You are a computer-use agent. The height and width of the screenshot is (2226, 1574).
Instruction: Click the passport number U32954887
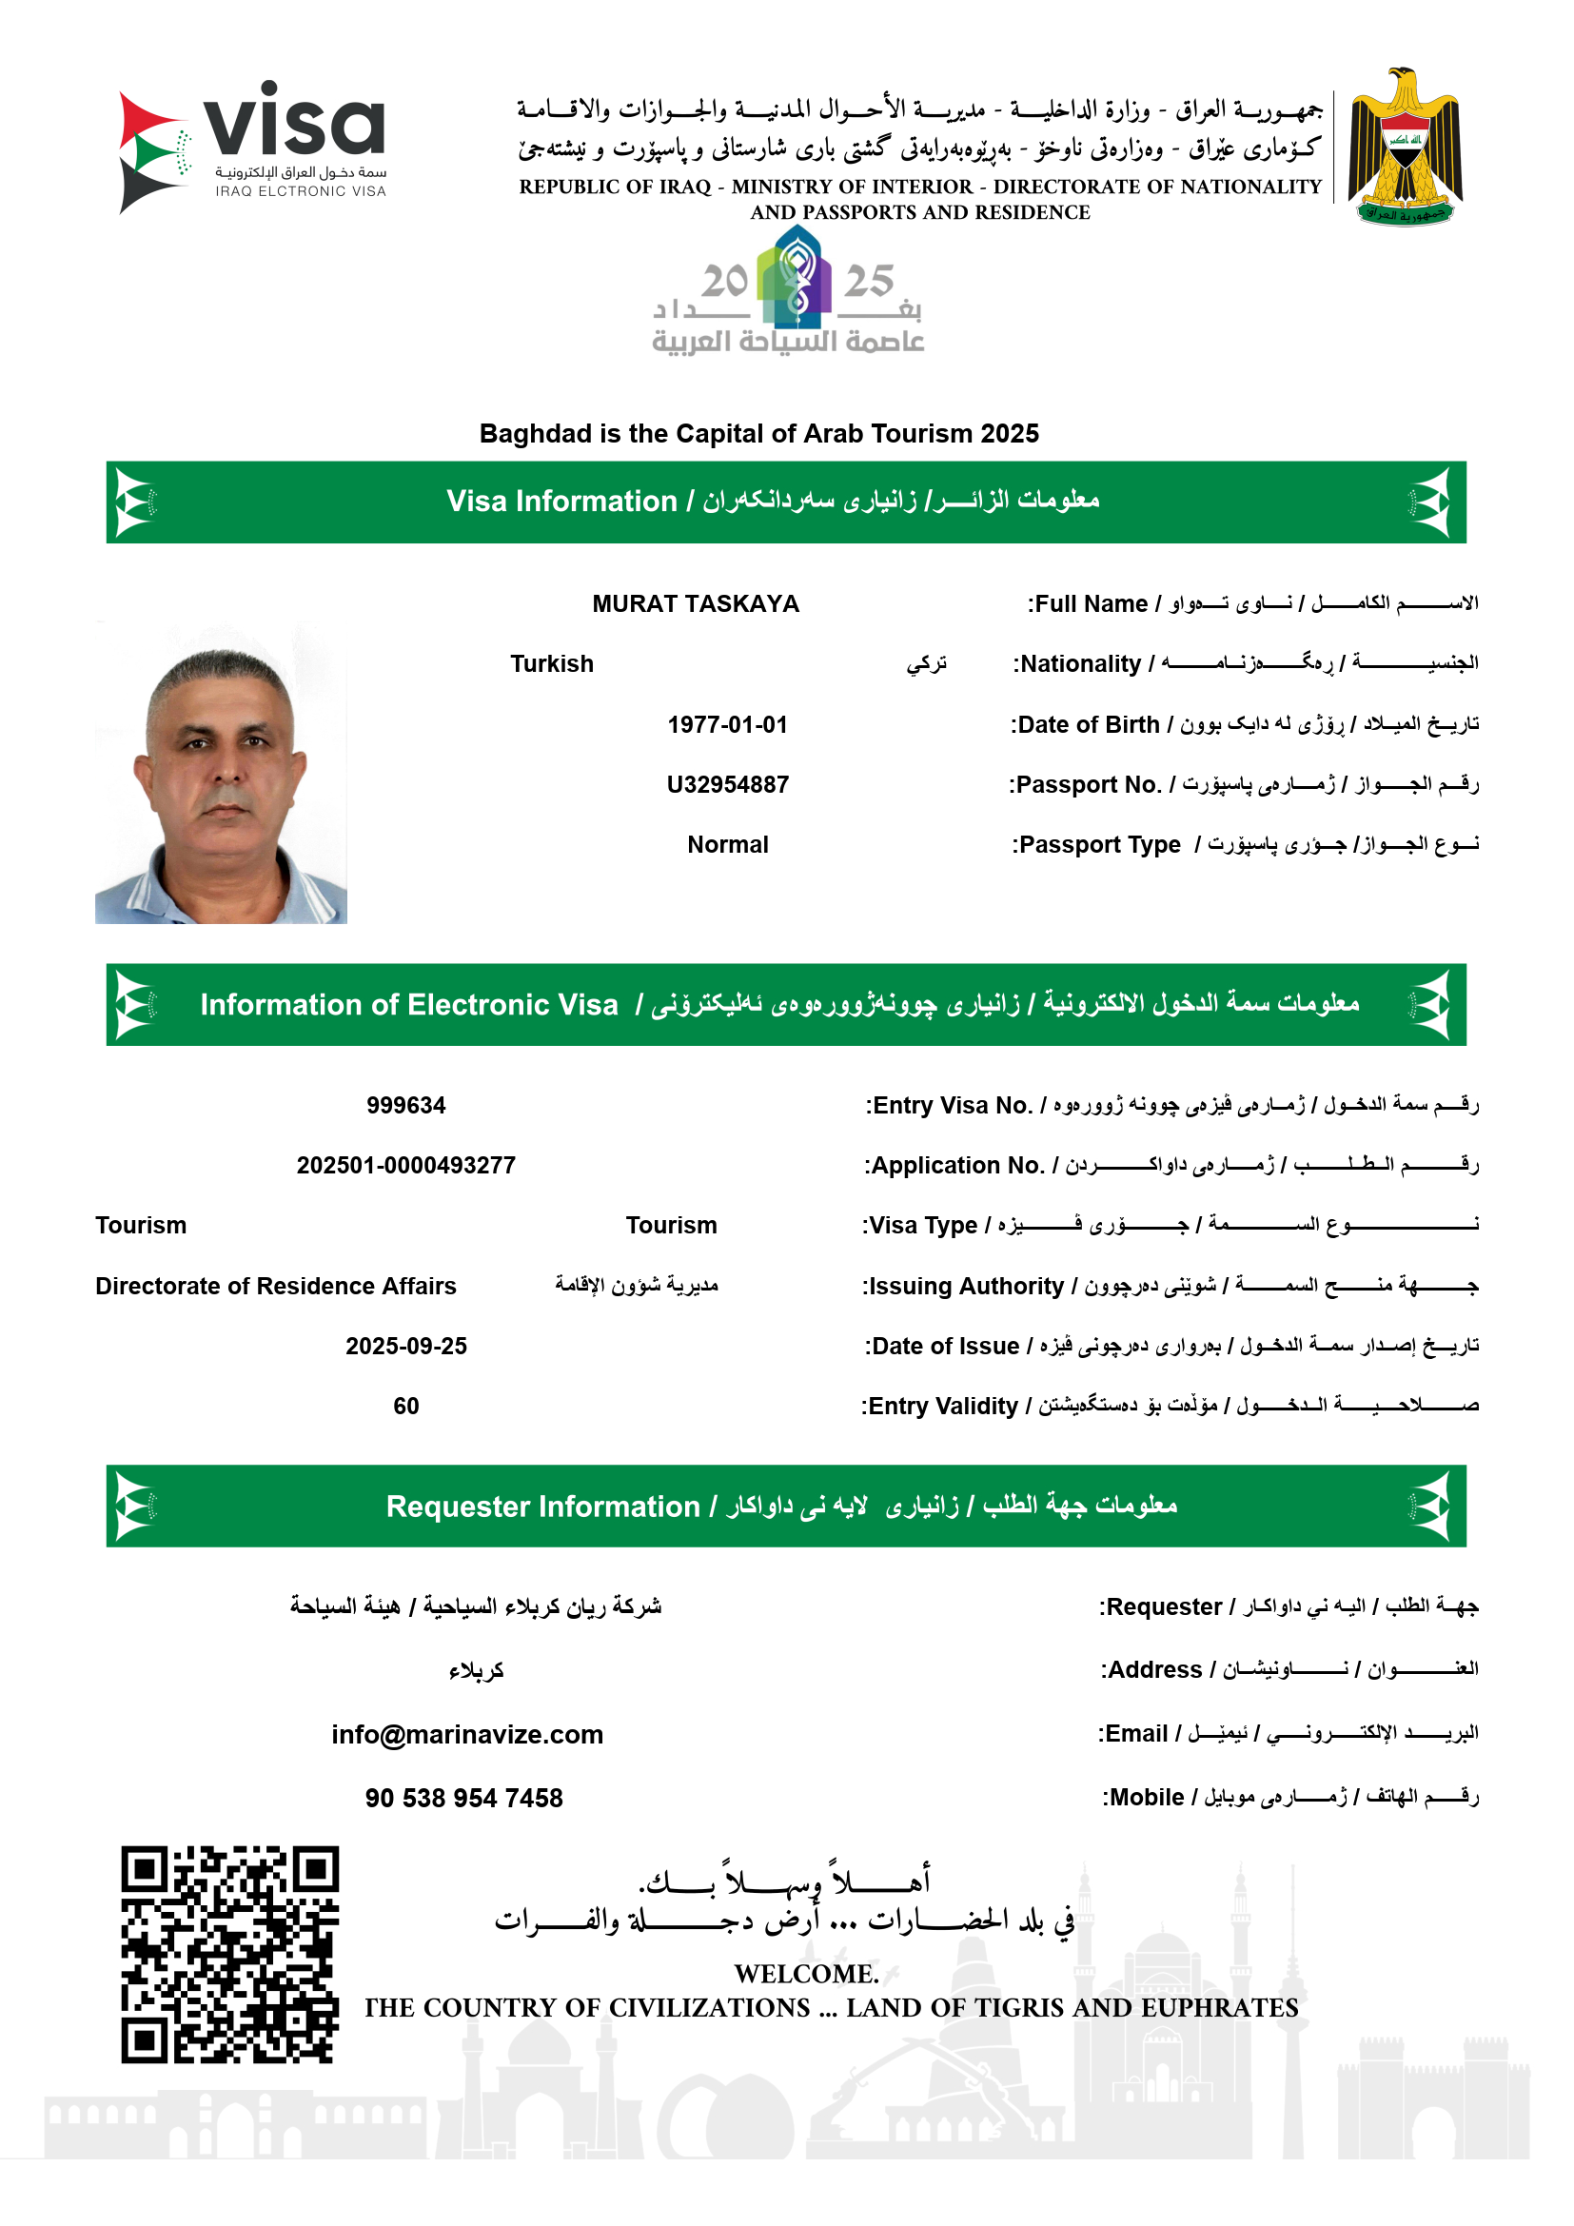tap(727, 784)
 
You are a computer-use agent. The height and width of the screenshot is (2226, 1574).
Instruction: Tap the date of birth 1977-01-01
tap(727, 724)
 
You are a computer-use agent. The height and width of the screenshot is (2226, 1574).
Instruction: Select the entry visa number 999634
tap(405, 1105)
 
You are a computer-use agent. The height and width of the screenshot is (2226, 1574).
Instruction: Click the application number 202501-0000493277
tap(405, 1166)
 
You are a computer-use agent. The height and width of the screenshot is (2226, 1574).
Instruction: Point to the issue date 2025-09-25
tap(405, 1346)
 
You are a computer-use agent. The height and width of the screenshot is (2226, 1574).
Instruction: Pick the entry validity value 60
tap(405, 1406)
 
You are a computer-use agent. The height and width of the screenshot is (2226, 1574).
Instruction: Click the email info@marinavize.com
tap(466, 1735)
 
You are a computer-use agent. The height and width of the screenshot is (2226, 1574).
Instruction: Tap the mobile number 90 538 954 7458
tap(463, 1799)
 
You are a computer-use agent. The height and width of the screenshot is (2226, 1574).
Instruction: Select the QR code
tap(229, 1954)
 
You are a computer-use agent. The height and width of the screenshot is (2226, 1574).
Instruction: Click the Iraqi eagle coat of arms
tap(1405, 147)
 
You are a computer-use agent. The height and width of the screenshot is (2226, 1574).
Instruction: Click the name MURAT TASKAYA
tap(695, 604)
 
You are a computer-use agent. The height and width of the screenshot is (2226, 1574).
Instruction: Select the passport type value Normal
tap(727, 844)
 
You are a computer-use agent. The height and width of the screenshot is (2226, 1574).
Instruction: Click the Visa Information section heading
tap(773, 502)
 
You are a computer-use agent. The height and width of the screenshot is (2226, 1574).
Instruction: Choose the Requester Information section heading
tap(781, 1506)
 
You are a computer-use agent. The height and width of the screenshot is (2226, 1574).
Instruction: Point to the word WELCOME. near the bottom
tap(806, 1974)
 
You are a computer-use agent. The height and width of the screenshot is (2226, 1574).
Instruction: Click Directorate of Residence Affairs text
tap(275, 1286)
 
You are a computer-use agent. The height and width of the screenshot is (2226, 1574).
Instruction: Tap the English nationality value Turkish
tap(552, 664)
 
